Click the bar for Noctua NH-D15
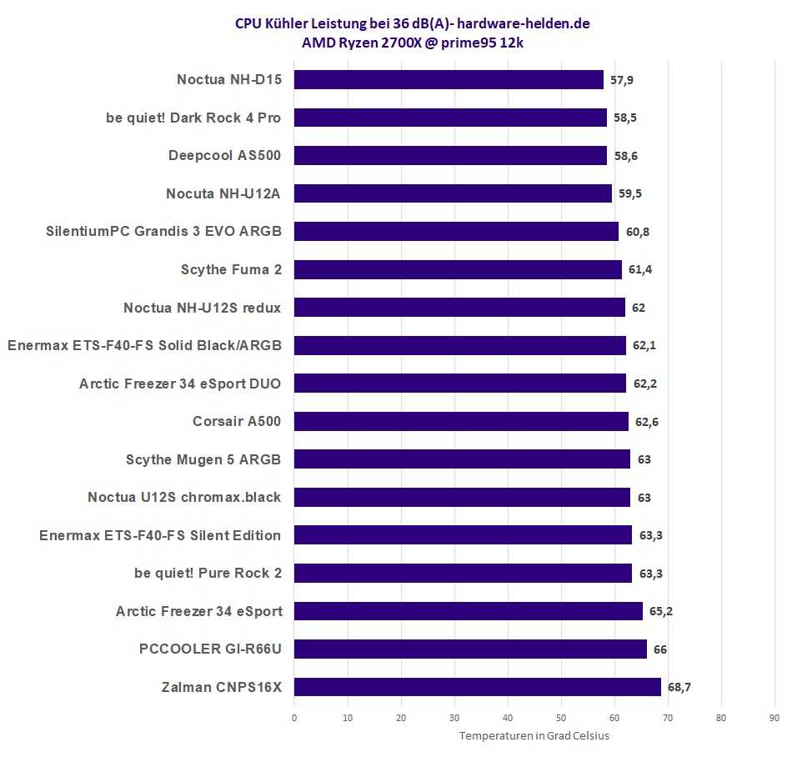click(x=449, y=80)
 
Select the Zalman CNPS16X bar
click(x=477, y=687)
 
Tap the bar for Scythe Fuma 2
click(x=458, y=269)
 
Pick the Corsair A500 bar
click(x=461, y=421)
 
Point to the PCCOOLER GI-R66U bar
click(x=470, y=649)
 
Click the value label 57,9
click(x=623, y=80)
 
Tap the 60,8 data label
click(x=636, y=232)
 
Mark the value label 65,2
click(x=661, y=611)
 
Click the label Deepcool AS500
click(x=224, y=155)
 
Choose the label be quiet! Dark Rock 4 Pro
click(x=193, y=118)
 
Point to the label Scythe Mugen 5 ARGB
click(x=203, y=459)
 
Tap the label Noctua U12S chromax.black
click(x=184, y=497)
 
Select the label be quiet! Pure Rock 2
click(x=208, y=573)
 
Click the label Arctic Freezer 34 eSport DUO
click(x=180, y=384)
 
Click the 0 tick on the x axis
click(x=294, y=717)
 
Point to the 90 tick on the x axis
click(x=774, y=717)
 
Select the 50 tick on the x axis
click(x=561, y=717)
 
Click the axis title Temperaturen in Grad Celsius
click(x=534, y=735)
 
